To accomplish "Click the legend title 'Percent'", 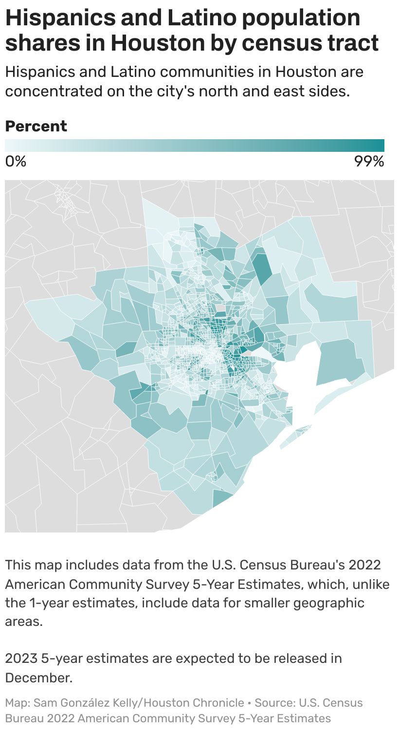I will click(x=36, y=126).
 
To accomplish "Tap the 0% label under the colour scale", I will click(x=16, y=161).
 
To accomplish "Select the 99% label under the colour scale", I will click(x=369, y=161).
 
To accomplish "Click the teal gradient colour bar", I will click(x=195, y=146).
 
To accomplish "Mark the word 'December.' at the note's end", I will click(x=38, y=677).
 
